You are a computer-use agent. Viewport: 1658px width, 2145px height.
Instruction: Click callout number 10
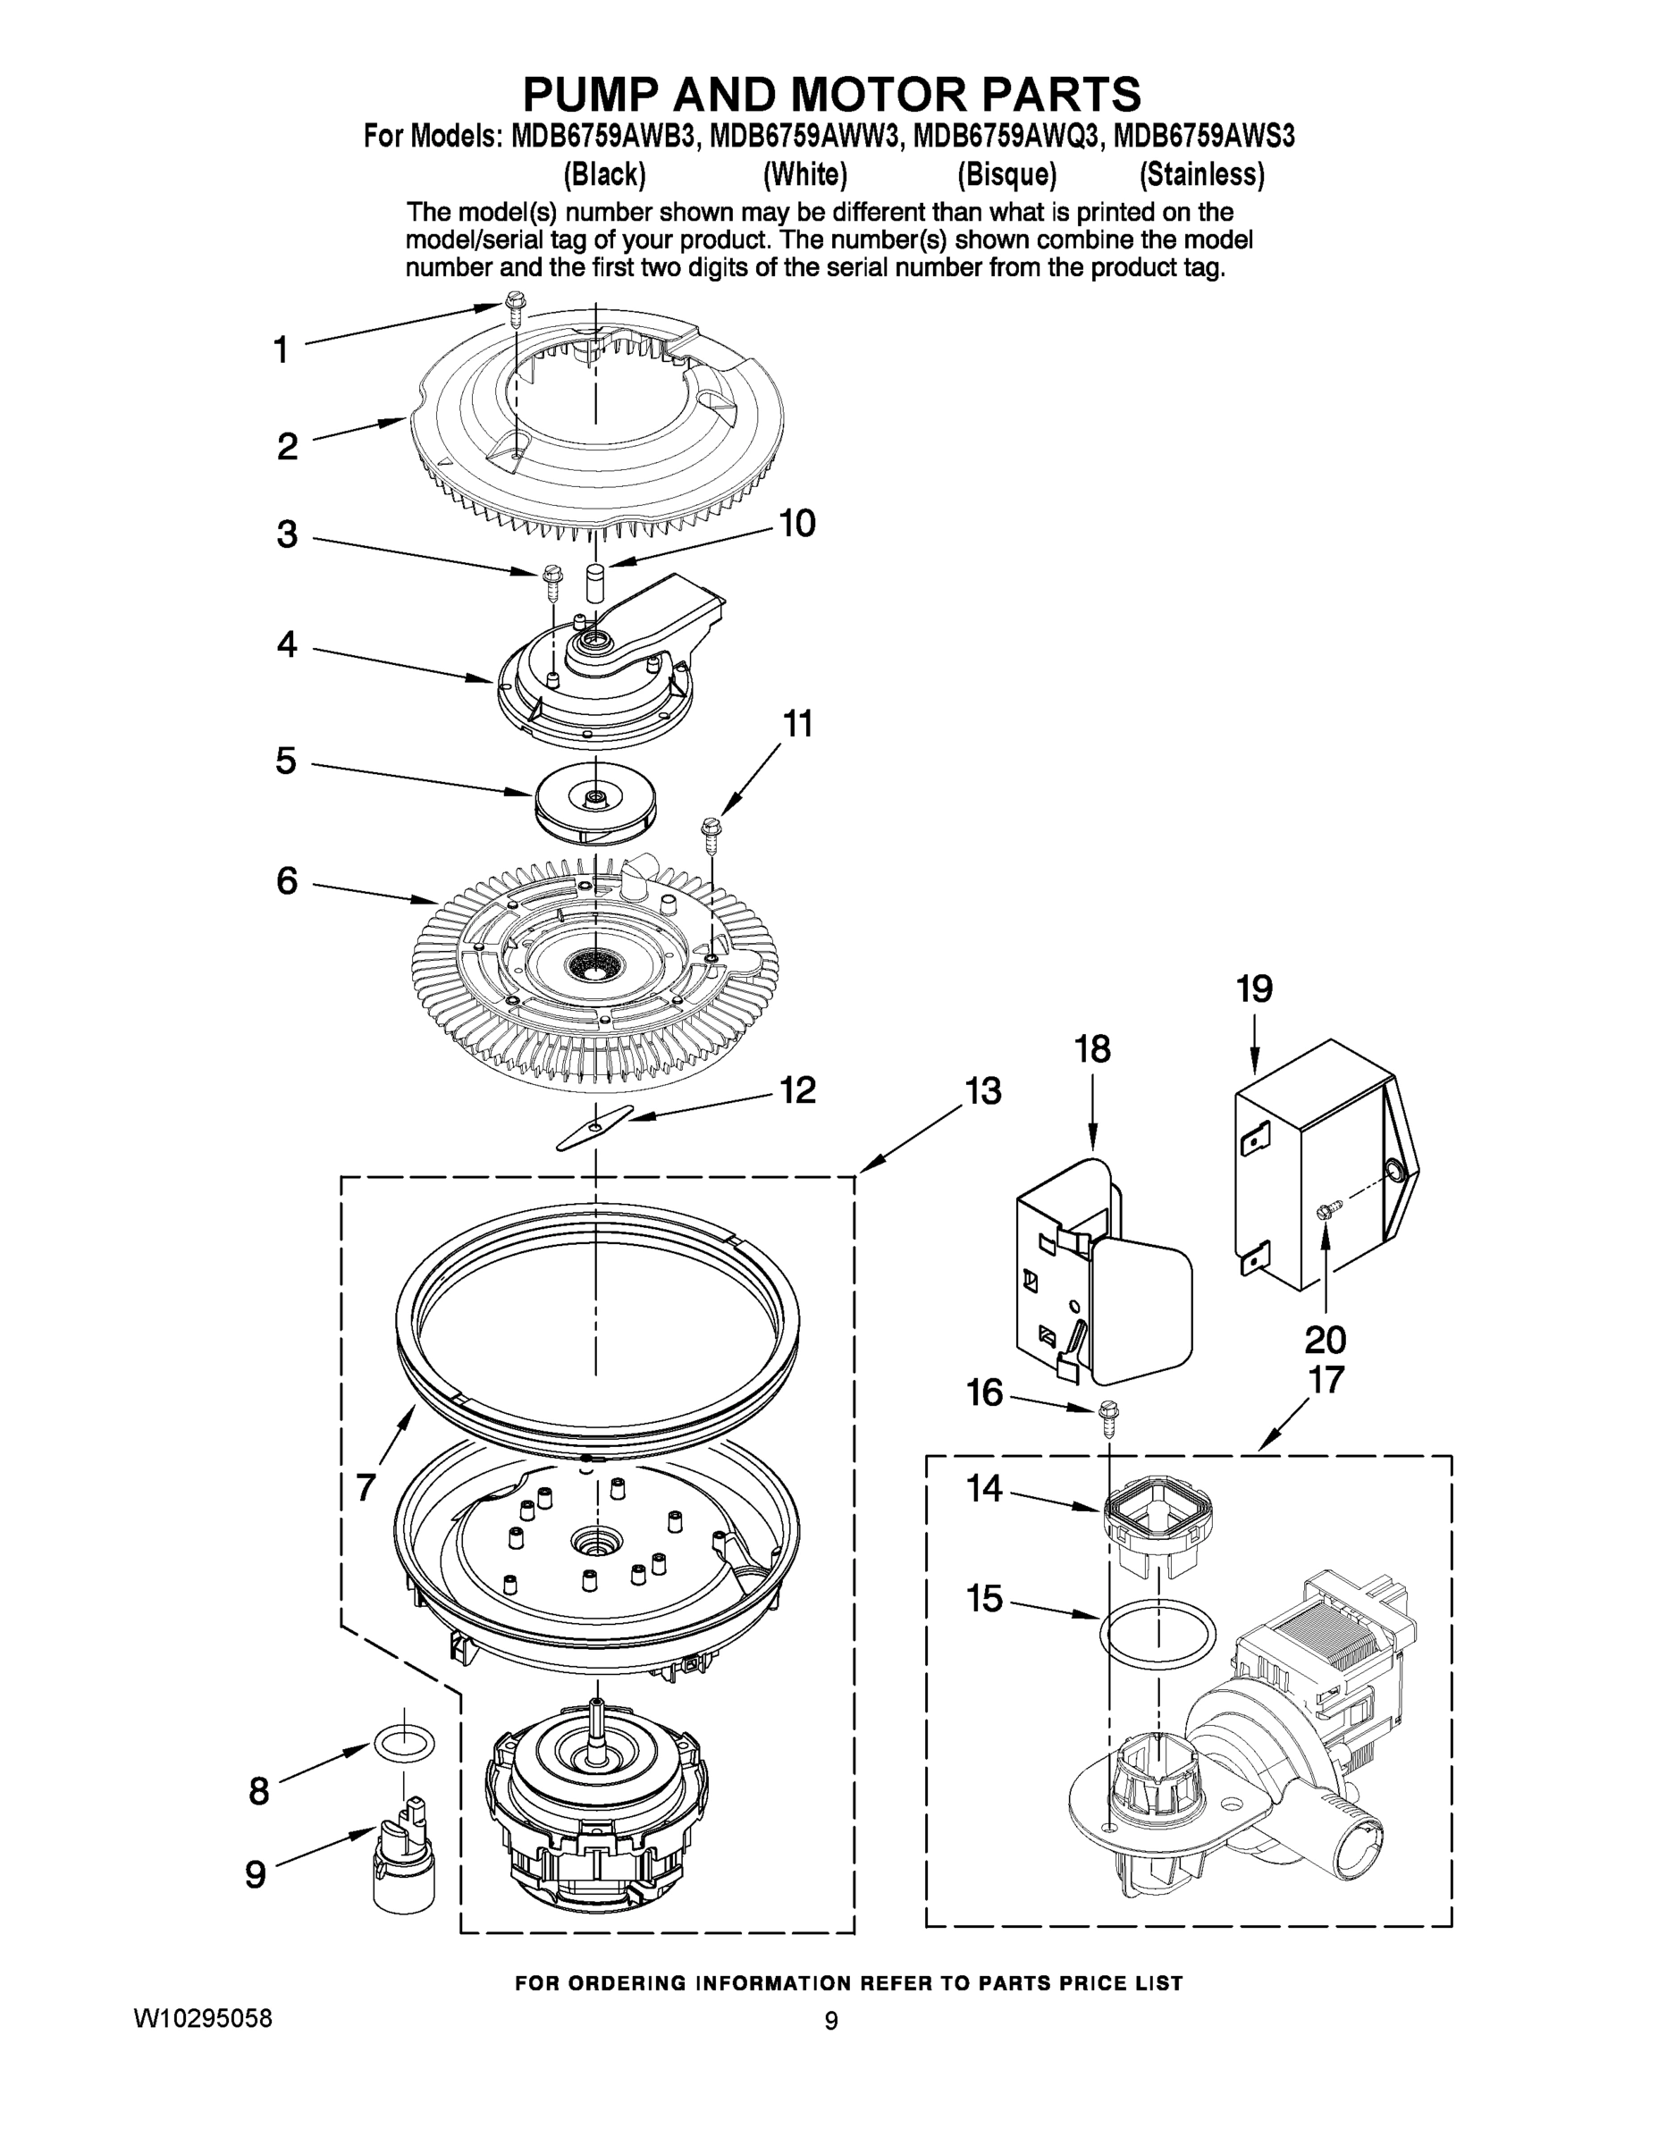coord(796,524)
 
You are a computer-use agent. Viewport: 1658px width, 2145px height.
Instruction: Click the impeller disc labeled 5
coord(595,801)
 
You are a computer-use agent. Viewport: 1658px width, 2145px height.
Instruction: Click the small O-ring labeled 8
coord(403,1745)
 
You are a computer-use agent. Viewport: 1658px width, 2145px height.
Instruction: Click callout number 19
coord(1254,989)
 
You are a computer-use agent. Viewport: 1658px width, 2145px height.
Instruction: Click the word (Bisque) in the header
coord(1006,175)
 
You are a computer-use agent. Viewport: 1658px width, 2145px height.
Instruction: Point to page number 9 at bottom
coord(831,2022)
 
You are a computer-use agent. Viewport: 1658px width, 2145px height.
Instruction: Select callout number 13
coord(982,1090)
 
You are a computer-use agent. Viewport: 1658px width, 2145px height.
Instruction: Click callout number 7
coord(366,1488)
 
